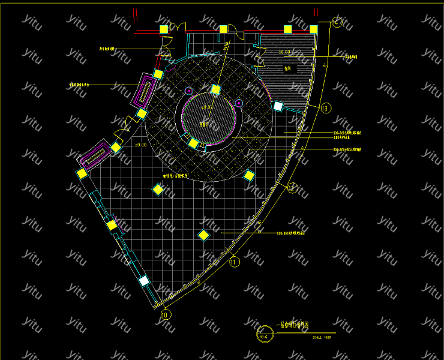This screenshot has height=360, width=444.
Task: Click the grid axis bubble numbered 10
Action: (x=166, y=314)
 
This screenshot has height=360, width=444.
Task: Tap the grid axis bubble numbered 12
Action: (x=292, y=188)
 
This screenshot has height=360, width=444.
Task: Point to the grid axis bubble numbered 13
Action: (x=326, y=109)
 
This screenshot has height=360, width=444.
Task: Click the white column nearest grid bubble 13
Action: (x=278, y=106)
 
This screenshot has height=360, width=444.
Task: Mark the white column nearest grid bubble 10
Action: (x=144, y=280)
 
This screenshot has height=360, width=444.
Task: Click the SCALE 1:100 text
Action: (x=322, y=337)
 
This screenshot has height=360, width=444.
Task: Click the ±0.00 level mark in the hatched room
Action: (x=285, y=53)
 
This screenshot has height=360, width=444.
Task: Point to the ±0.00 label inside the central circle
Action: (x=207, y=107)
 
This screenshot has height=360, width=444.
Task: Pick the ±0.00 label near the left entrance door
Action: (x=140, y=145)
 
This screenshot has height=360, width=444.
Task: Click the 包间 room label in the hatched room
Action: (x=287, y=68)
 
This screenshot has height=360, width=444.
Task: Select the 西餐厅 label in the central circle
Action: (x=205, y=124)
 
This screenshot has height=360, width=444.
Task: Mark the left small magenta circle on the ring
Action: (x=188, y=91)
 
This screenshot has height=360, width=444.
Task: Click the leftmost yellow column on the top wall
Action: (x=164, y=29)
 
